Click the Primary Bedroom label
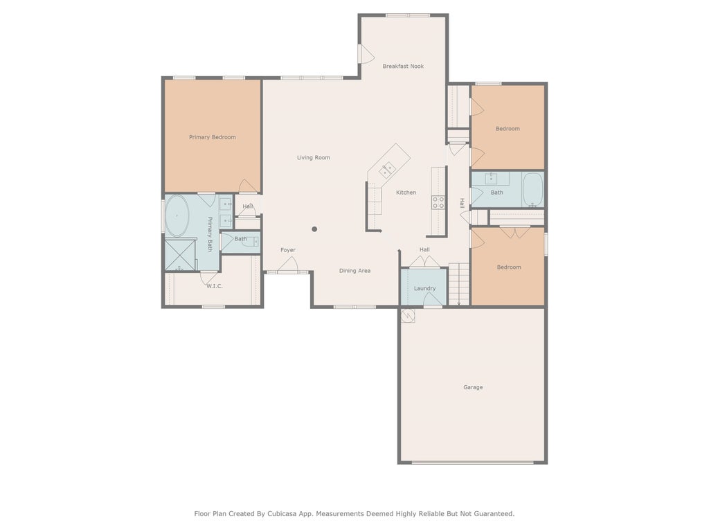[x=212, y=137]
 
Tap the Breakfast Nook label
[x=403, y=66]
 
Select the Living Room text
[x=314, y=157]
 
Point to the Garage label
[x=473, y=387]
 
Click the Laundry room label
[x=424, y=288]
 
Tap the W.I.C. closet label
[x=215, y=286]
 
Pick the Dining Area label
[x=355, y=271]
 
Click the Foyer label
[x=288, y=249]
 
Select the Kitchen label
[x=406, y=193]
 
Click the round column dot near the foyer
[x=314, y=229]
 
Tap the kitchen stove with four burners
[x=438, y=202]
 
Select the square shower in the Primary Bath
[x=181, y=255]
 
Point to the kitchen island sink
[x=387, y=170]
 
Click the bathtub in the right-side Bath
[x=532, y=190]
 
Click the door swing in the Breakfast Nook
[x=367, y=54]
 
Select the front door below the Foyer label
[x=287, y=265]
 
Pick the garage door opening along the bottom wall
[x=473, y=462]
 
